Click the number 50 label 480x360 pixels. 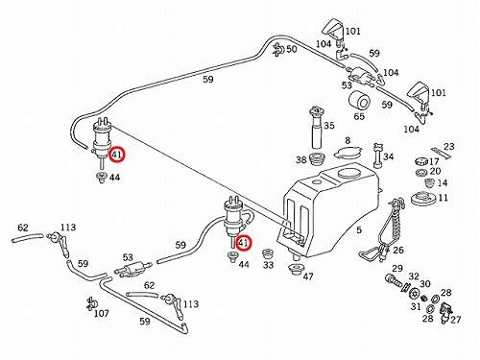coord(291,49)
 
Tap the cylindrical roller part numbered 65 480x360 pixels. coord(359,101)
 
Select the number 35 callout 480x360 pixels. coord(328,126)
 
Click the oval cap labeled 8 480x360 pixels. coord(348,152)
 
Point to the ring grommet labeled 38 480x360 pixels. coord(318,158)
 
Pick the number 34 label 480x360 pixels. coord(388,156)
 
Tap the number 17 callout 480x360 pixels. coord(434,161)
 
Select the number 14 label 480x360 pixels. coord(442,183)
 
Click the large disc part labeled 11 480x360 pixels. coord(422,199)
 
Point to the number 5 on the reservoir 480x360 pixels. coord(359,229)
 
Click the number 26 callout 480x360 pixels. coord(398,251)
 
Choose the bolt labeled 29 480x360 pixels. coord(393,280)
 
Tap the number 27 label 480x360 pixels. coord(455,320)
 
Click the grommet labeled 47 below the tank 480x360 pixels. coord(297,270)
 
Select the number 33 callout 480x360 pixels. coord(268,265)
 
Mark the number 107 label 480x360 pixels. coord(102,314)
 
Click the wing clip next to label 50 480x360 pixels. coord(278,50)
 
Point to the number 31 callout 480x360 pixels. coord(416,306)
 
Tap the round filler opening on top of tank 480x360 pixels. coord(348,174)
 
